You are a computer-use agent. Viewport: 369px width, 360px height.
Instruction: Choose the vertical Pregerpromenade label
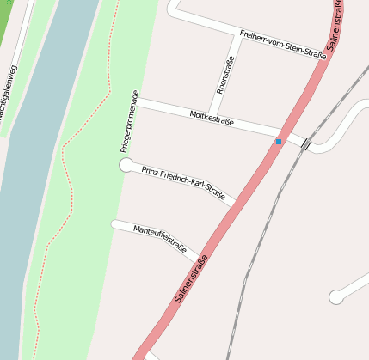(130, 121)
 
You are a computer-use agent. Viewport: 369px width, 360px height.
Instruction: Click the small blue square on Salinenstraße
(279, 141)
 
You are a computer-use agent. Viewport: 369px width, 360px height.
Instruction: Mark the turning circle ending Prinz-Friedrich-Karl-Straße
(126, 164)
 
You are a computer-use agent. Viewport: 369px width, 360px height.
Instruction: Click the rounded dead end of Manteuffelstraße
(115, 224)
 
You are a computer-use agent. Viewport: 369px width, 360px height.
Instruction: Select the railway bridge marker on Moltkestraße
(306, 143)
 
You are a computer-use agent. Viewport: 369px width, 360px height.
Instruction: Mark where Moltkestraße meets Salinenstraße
(284, 134)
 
